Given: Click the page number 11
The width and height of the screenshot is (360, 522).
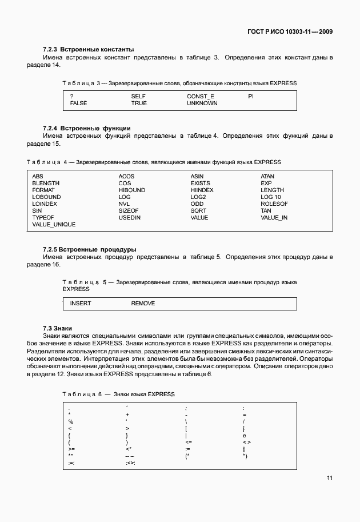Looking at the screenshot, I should (329, 478).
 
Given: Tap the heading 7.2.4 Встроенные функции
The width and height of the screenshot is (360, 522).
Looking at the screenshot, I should (87, 128).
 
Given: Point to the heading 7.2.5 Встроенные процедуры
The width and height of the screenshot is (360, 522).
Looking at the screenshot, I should (89, 249).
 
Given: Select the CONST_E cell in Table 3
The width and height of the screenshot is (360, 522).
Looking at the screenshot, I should (200, 97).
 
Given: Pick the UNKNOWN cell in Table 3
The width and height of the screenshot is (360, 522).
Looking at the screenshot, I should (202, 103).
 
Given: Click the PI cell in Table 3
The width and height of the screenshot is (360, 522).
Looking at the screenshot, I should (250, 97).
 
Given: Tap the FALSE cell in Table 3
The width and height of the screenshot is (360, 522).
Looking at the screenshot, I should (79, 103).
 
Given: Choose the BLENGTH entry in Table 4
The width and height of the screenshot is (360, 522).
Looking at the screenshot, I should (46, 183).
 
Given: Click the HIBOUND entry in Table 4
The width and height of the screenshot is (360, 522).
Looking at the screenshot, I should (131, 190).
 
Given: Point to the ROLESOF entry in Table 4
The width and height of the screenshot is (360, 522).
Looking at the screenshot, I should (274, 204).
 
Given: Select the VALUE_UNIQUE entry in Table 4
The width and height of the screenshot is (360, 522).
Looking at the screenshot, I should (54, 224).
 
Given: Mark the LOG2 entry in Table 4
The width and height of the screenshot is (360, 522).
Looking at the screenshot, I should (198, 197).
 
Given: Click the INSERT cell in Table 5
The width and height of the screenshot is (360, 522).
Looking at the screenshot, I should (80, 303).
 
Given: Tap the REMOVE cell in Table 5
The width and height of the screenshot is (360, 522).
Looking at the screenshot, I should (143, 303).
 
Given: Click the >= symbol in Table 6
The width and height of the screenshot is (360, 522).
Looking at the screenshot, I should (71, 449).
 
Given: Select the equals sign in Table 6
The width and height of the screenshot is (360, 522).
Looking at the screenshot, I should (244, 414).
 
